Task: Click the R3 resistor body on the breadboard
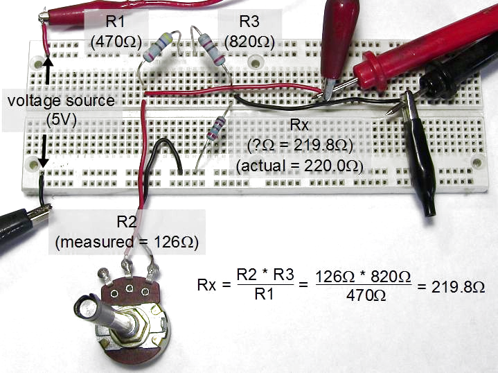pos(213,48)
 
